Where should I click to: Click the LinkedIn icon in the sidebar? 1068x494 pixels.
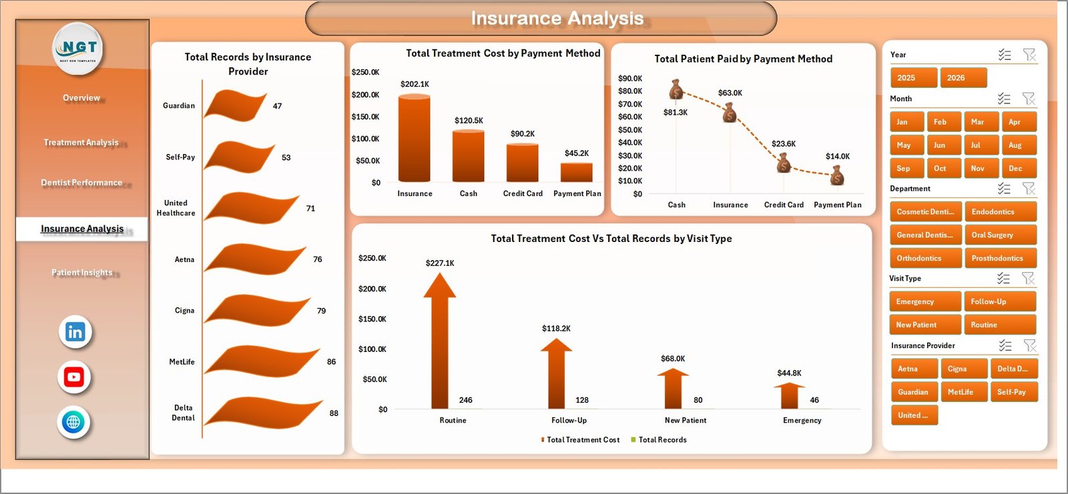pyautogui.click(x=75, y=332)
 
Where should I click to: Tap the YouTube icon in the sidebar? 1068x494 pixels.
pyautogui.click(x=74, y=377)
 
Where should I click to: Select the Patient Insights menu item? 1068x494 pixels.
pyautogui.click(x=81, y=272)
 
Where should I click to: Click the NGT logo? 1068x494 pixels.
pyautogui.click(x=78, y=48)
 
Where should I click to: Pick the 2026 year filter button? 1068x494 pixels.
pyautogui.click(x=963, y=78)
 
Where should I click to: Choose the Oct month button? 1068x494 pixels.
pyautogui.click(x=943, y=169)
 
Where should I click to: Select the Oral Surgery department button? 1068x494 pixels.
pyautogui.click(x=1000, y=235)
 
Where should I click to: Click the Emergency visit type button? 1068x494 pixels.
pyautogui.click(x=924, y=301)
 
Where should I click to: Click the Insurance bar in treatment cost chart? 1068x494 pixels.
pyautogui.click(x=415, y=138)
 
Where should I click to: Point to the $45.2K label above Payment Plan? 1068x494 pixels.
pyautogui.click(x=576, y=153)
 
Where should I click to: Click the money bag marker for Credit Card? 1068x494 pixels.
pyautogui.click(x=784, y=163)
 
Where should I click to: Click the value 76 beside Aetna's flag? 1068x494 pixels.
pyautogui.click(x=318, y=259)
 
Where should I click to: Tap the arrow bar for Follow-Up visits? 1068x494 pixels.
pyautogui.click(x=556, y=373)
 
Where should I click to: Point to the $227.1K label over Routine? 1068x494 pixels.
pyautogui.click(x=440, y=263)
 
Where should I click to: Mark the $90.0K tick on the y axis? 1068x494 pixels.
pyautogui.click(x=629, y=79)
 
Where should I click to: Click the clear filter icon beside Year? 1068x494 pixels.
pyautogui.click(x=1029, y=55)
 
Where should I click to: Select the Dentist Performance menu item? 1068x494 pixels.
pyautogui.click(x=81, y=183)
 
